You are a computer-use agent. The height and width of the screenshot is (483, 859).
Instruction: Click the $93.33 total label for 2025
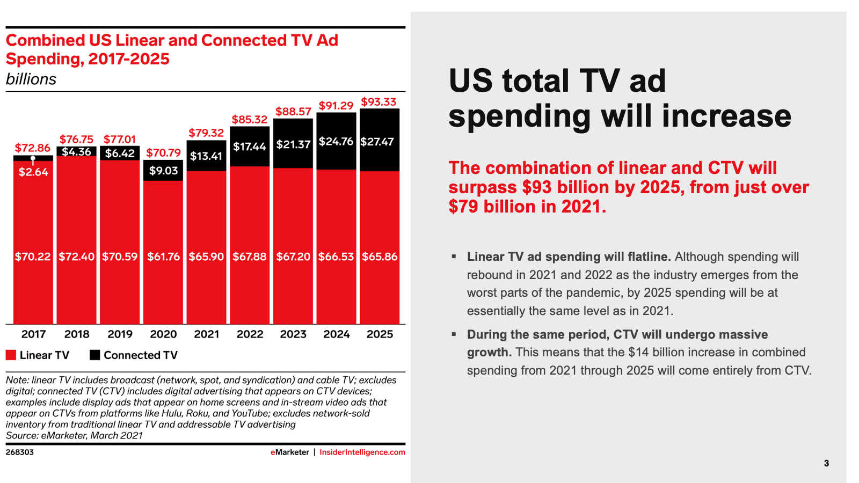(378, 102)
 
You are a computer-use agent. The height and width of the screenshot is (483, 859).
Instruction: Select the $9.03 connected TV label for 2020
(163, 171)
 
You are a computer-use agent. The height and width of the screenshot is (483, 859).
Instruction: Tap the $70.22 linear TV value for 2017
(33, 257)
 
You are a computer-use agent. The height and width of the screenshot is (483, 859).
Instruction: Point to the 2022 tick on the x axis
(250, 334)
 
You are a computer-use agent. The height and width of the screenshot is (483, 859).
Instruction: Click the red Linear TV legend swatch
(11, 355)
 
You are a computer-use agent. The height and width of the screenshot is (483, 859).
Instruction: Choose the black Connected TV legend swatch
(95, 355)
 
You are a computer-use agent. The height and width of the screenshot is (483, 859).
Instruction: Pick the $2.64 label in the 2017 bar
(33, 172)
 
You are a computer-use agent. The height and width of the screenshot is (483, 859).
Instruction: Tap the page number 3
(826, 463)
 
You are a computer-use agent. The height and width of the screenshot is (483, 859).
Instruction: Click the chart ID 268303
(20, 452)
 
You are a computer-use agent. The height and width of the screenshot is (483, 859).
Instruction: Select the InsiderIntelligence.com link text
(362, 452)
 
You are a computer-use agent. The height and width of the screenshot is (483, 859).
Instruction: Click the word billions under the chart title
(31, 79)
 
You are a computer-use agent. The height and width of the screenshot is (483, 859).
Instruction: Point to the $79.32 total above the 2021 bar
(206, 133)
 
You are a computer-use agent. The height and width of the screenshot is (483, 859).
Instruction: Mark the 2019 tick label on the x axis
(120, 334)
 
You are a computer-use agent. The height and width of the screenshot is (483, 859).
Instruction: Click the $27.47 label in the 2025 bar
(377, 142)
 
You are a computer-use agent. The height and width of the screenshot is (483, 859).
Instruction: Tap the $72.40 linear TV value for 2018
(76, 257)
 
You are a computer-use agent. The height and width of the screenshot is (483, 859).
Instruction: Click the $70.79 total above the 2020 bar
(163, 152)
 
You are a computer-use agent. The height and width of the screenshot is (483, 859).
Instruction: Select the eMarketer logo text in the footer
(290, 452)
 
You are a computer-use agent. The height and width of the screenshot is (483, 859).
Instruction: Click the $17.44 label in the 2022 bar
(249, 147)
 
